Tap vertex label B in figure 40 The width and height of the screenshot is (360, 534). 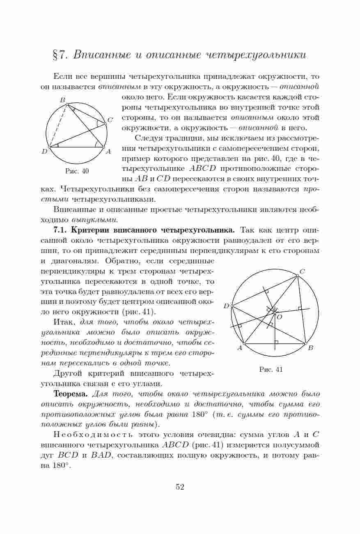click(x=63, y=100)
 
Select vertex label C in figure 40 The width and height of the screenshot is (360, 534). click(x=110, y=120)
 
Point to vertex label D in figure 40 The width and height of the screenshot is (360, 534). click(x=44, y=152)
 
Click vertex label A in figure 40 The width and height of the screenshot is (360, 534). click(x=108, y=152)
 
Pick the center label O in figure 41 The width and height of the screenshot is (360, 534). click(x=280, y=317)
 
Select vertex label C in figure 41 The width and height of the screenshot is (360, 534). click(x=302, y=272)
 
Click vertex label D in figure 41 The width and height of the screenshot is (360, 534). click(x=226, y=306)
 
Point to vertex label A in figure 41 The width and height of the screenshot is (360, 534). click(x=240, y=348)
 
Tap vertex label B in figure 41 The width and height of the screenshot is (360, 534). click(x=311, y=348)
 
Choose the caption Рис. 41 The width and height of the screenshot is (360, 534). click(x=271, y=369)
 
